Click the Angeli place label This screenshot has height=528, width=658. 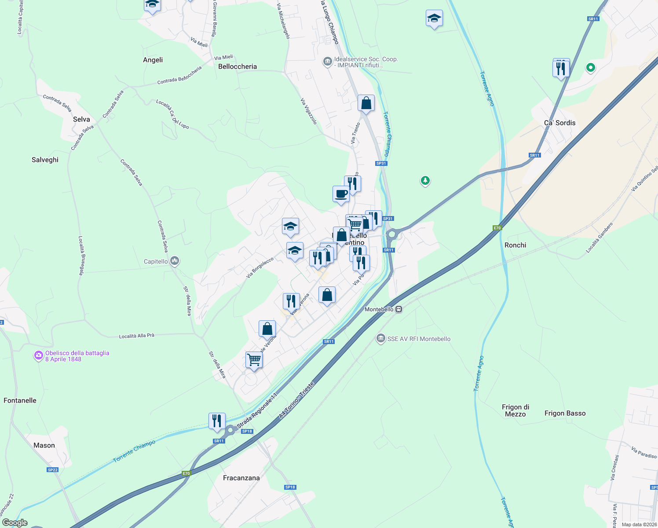pos(153,60)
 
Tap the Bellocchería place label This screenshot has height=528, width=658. pos(238,66)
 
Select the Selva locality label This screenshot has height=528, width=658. pos(81,119)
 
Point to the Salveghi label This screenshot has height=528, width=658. pos(45,160)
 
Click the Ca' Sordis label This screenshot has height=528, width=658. pos(559,123)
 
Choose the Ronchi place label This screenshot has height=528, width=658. pos(515,245)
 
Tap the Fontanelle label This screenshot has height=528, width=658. pos(20,400)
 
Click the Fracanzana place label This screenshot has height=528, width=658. pos(241,478)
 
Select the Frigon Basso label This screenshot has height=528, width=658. pos(565,413)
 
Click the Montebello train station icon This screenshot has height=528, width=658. pos(398,309)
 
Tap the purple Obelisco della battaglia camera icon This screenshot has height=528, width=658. pos(39,356)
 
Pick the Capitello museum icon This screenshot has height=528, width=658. pos(175,261)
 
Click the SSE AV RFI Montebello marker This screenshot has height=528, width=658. pos(380,338)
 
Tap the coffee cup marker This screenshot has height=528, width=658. pos(341,194)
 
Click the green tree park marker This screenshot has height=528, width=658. pos(425,180)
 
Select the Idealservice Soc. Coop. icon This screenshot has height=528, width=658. pos(327,61)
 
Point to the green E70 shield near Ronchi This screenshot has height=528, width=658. pos(497,228)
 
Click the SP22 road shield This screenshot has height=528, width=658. pos(52,470)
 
